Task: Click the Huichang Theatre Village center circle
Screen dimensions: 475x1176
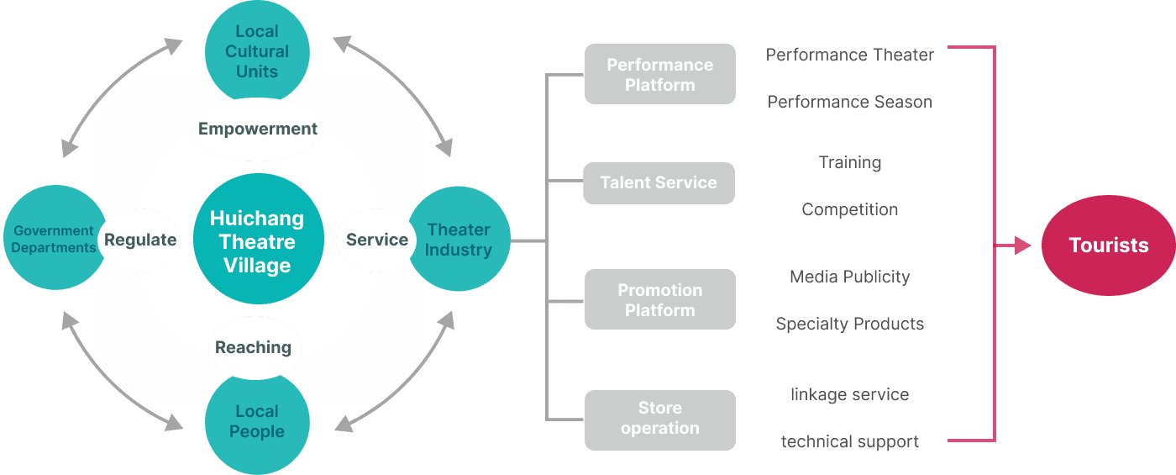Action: click(x=258, y=241)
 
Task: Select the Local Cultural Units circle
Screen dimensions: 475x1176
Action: click(x=257, y=50)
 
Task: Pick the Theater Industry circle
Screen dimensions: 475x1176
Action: click(x=459, y=240)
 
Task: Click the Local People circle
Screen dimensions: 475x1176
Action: click(x=257, y=423)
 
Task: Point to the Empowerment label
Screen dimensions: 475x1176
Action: click(x=257, y=129)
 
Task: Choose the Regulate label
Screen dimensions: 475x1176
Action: click(x=139, y=240)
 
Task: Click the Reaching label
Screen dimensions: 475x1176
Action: click(x=253, y=347)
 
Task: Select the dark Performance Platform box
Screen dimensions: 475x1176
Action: click(x=659, y=75)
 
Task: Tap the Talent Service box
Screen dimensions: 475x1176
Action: click(x=659, y=182)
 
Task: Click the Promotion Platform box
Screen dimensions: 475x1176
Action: click(x=659, y=300)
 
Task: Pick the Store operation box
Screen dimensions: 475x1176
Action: click(x=659, y=418)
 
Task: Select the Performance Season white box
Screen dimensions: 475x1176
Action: click(x=850, y=102)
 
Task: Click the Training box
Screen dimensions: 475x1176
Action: click(x=850, y=162)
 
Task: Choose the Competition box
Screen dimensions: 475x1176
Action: click(x=850, y=209)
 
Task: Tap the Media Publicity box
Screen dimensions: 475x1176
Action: click(x=850, y=277)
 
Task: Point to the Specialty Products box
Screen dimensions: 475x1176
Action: click(x=850, y=324)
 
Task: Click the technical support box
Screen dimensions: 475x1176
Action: click(x=850, y=441)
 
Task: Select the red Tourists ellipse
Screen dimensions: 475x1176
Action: click(x=1108, y=245)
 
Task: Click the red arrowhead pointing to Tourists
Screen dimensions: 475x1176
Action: click(x=1022, y=245)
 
